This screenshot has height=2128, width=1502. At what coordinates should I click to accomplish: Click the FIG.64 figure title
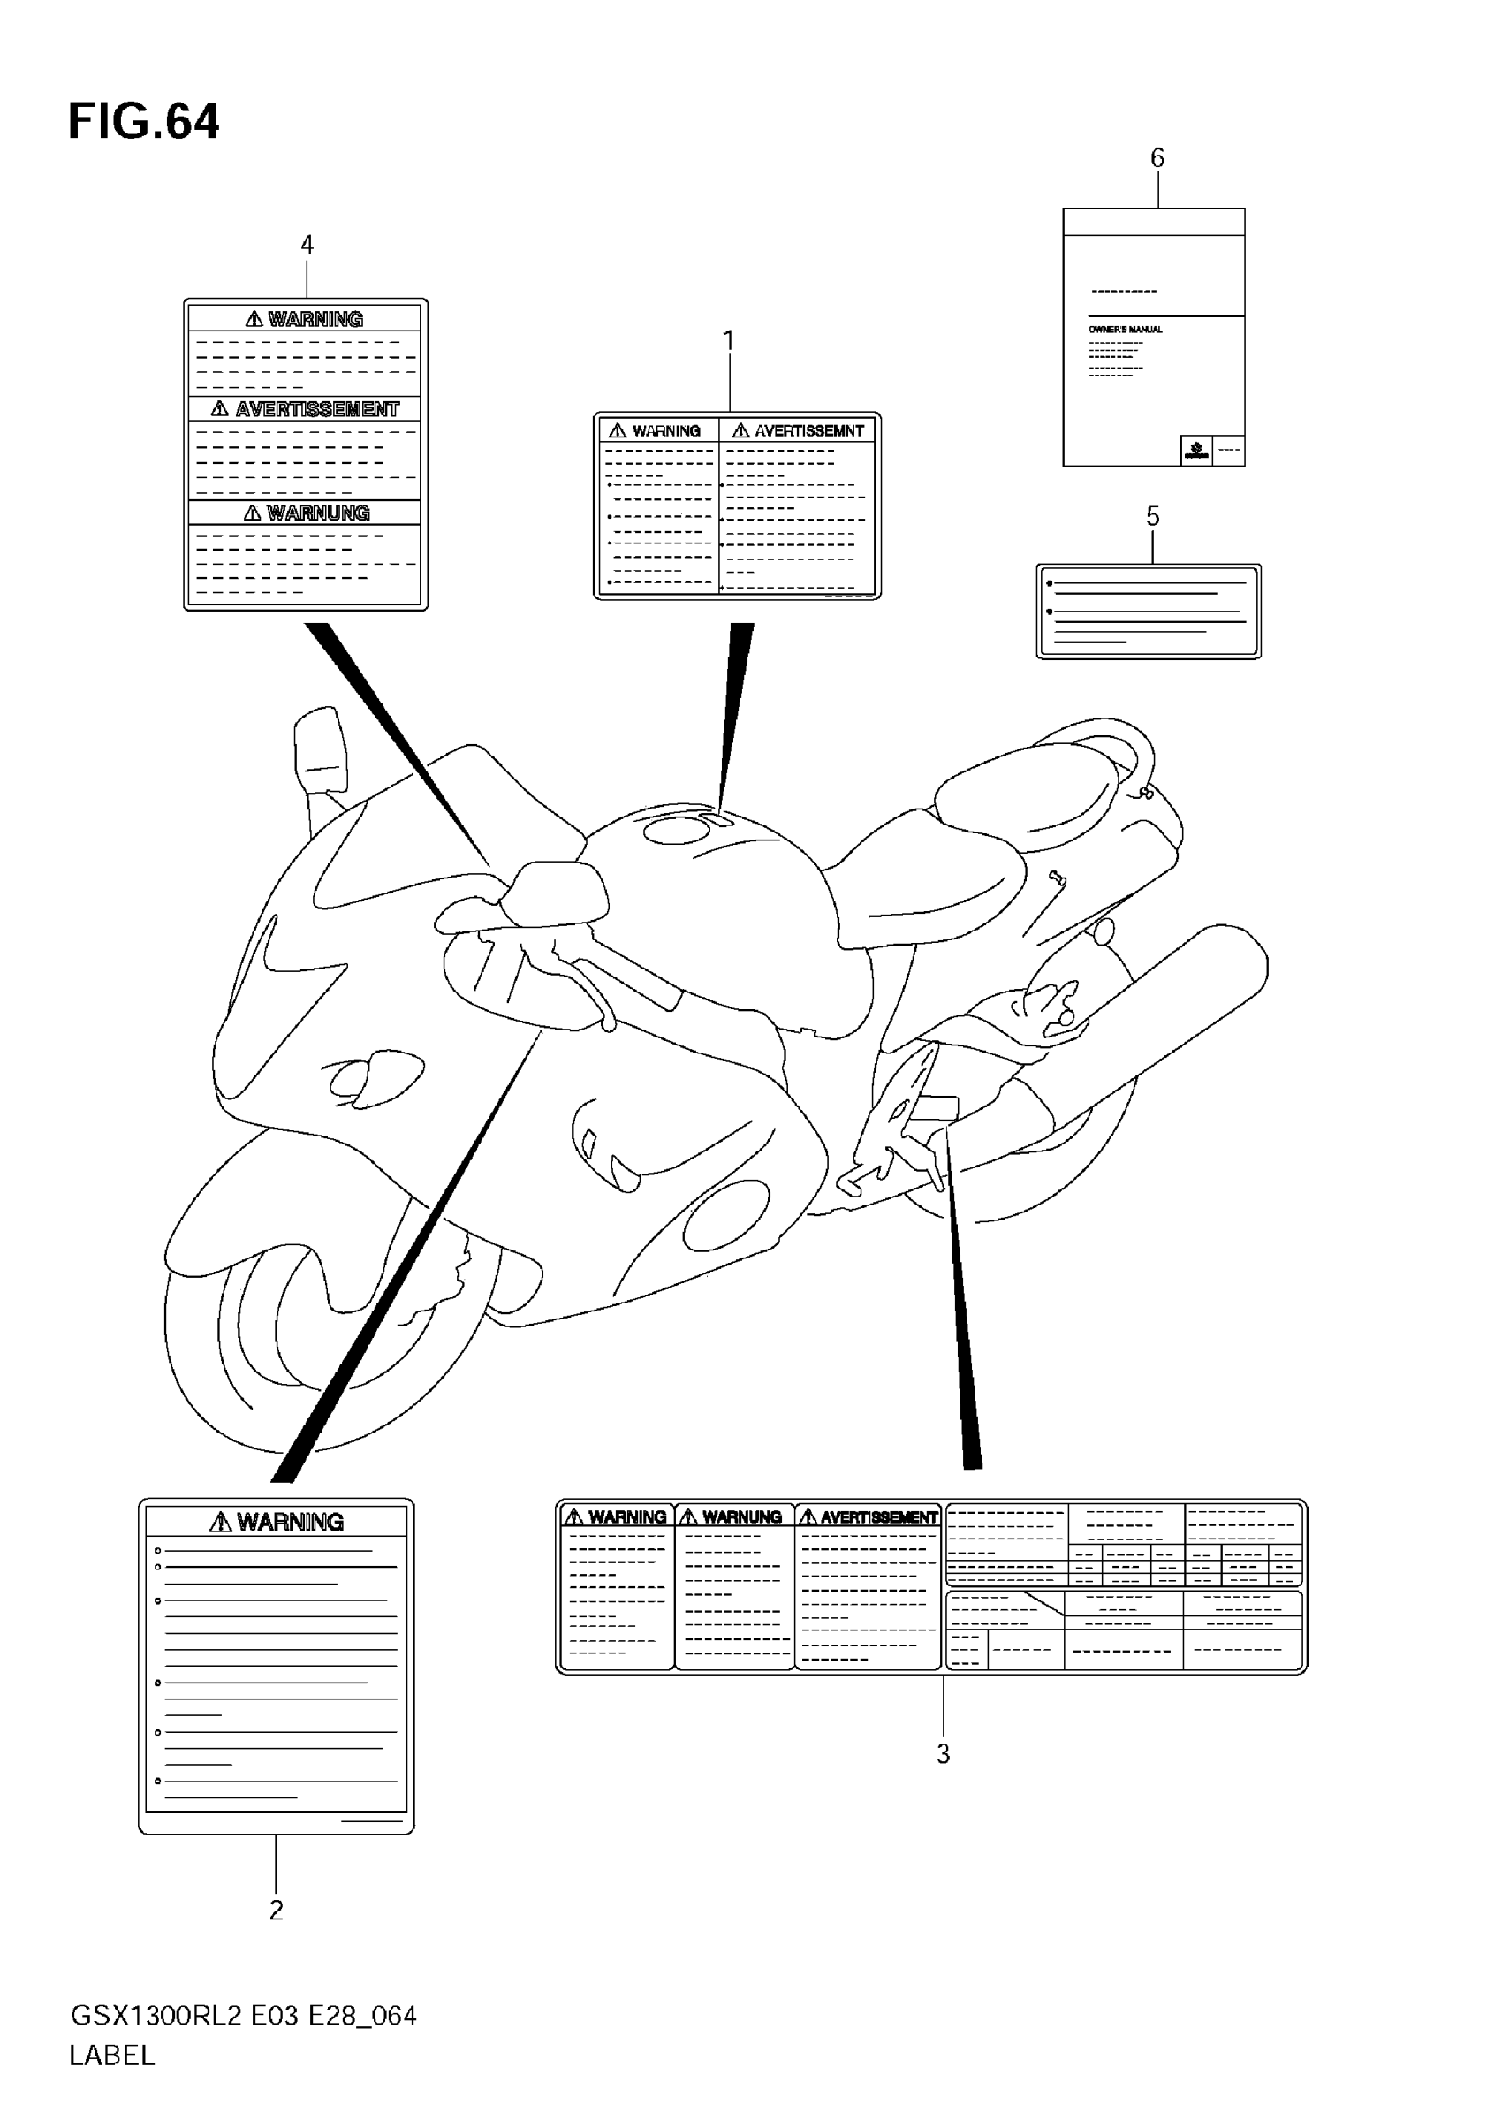144,122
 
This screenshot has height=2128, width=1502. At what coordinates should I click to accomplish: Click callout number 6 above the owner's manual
1157,158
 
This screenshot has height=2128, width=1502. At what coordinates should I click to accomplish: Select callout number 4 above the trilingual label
307,245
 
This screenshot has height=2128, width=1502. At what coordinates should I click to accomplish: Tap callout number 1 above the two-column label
728,341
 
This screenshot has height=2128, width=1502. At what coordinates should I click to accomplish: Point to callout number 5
1152,516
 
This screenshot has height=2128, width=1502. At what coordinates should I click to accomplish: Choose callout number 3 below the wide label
943,1753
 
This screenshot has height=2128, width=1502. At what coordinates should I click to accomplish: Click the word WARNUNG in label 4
317,513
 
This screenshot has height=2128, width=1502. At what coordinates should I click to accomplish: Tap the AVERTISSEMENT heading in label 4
316,409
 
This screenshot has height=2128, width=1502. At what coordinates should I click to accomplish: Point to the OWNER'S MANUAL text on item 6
1125,329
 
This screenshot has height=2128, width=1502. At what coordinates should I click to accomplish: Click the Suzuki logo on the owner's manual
1195,452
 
